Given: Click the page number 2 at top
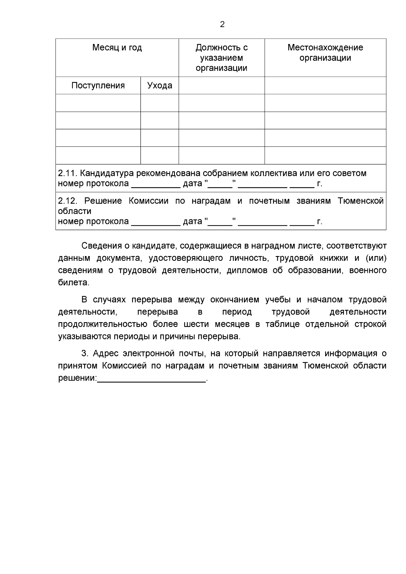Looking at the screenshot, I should coord(222,24).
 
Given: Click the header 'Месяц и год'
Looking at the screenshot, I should coord(117,48).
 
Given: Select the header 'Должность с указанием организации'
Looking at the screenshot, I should coord(222,58).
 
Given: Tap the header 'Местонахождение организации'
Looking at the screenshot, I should coord(325,53).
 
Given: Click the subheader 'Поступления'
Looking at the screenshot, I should coord(98,86).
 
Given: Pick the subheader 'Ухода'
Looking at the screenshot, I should coord(160,86).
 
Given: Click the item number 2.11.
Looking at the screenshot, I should coord(68,174).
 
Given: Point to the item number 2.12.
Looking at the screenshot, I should coord(68,201).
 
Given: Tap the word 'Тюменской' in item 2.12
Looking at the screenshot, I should coord(361,201).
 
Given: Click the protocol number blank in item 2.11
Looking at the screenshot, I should coord(156,185).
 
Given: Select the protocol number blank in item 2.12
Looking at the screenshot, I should coord(156,222).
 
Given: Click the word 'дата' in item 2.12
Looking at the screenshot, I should coord(192,222).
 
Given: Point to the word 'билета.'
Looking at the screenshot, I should coord(74,282).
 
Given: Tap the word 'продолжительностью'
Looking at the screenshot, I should coord(103,324).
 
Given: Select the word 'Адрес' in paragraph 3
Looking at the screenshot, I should coord(105,354).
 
